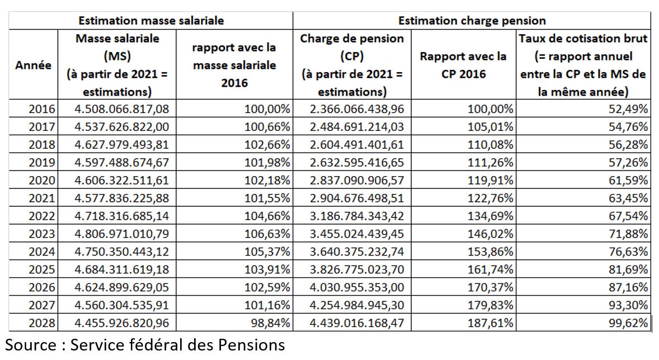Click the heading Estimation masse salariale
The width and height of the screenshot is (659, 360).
pos(151,21)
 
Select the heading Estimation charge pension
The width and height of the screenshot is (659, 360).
pos(472,21)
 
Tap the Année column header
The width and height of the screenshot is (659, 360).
pos(33,65)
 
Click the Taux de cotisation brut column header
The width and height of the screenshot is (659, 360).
pos(583,65)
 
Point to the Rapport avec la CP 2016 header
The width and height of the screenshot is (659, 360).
pos(463,65)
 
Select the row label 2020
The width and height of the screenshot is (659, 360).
pos(41,180)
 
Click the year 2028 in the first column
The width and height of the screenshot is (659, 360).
pos(41,323)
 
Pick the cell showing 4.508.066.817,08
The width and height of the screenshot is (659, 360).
pos(122,109)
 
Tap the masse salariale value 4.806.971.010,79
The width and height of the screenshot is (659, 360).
pos(122,234)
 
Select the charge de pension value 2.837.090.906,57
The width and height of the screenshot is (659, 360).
pos(357,180)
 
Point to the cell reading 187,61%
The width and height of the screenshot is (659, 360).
pos(491,323)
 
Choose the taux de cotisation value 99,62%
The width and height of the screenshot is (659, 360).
pos(628,323)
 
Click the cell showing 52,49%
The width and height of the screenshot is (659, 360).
pos(628,109)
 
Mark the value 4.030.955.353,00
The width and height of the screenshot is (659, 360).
pos(357,287)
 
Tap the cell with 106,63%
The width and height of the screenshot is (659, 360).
pos(267,234)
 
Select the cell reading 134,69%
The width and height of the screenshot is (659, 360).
pos(491,216)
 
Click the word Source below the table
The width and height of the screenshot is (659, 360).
pos(31,345)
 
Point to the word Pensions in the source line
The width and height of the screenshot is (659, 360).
pos(251,345)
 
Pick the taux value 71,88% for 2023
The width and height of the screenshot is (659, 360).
pos(628,234)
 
